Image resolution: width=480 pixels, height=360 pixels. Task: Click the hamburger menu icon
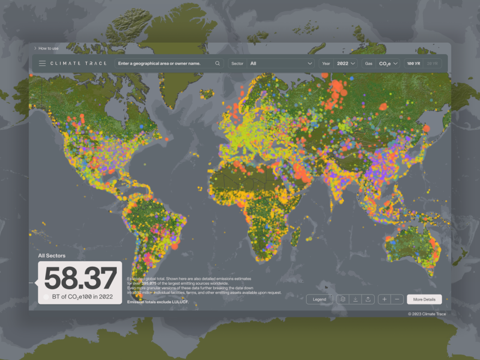tap(42, 63)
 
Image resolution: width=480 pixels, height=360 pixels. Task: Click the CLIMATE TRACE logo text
tap(79, 63)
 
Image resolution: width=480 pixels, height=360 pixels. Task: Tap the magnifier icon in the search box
tap(218, 63)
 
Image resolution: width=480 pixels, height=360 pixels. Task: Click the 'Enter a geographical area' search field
tap(164, 63)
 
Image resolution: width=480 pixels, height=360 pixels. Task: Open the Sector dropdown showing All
tap(281, 63)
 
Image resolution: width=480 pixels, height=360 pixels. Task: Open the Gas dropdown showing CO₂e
tap(389, 63)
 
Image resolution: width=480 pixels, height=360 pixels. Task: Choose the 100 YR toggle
tap(413, 63)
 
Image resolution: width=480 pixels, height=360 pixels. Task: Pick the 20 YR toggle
tap(431, 63)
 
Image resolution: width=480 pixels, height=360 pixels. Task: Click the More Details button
tap(424, 299)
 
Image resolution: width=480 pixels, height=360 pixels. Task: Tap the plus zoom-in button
tap(385, 299)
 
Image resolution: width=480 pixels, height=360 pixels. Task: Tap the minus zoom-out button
tap(398, 299)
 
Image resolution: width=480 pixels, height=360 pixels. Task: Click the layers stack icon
tap(343, 299)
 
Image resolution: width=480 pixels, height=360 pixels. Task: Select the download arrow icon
tap(355, 299)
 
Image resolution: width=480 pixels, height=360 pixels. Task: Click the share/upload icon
tap(368, 299)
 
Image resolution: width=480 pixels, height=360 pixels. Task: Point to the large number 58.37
tap(80, 279)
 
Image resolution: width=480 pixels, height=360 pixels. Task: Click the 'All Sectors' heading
tap(52, 255)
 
